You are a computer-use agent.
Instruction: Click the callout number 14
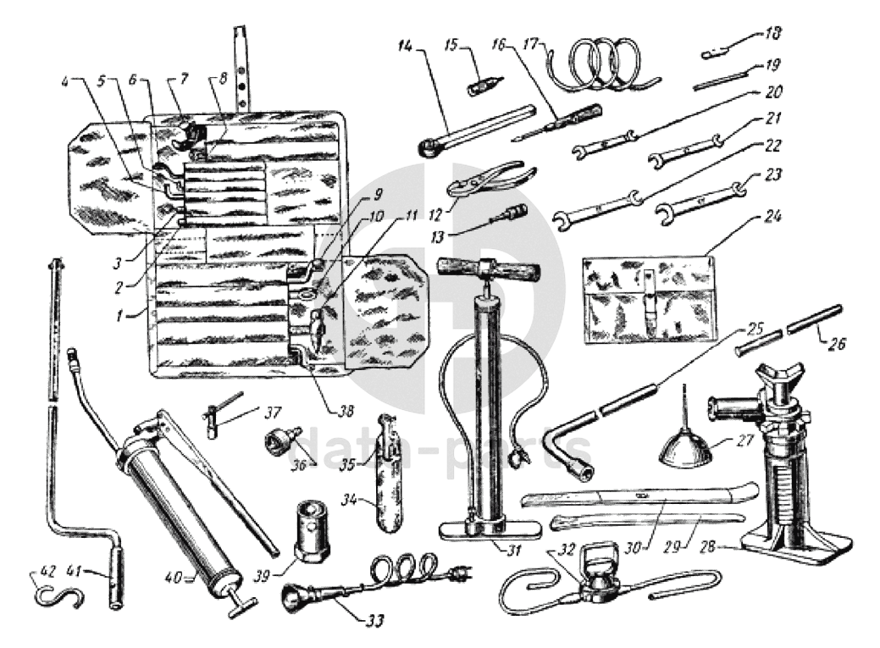pos(405,45)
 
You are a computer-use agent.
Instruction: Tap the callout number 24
pos(772,215)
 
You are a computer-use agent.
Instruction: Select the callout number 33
pos(375,620)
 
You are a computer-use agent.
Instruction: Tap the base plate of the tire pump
pos(491,529)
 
